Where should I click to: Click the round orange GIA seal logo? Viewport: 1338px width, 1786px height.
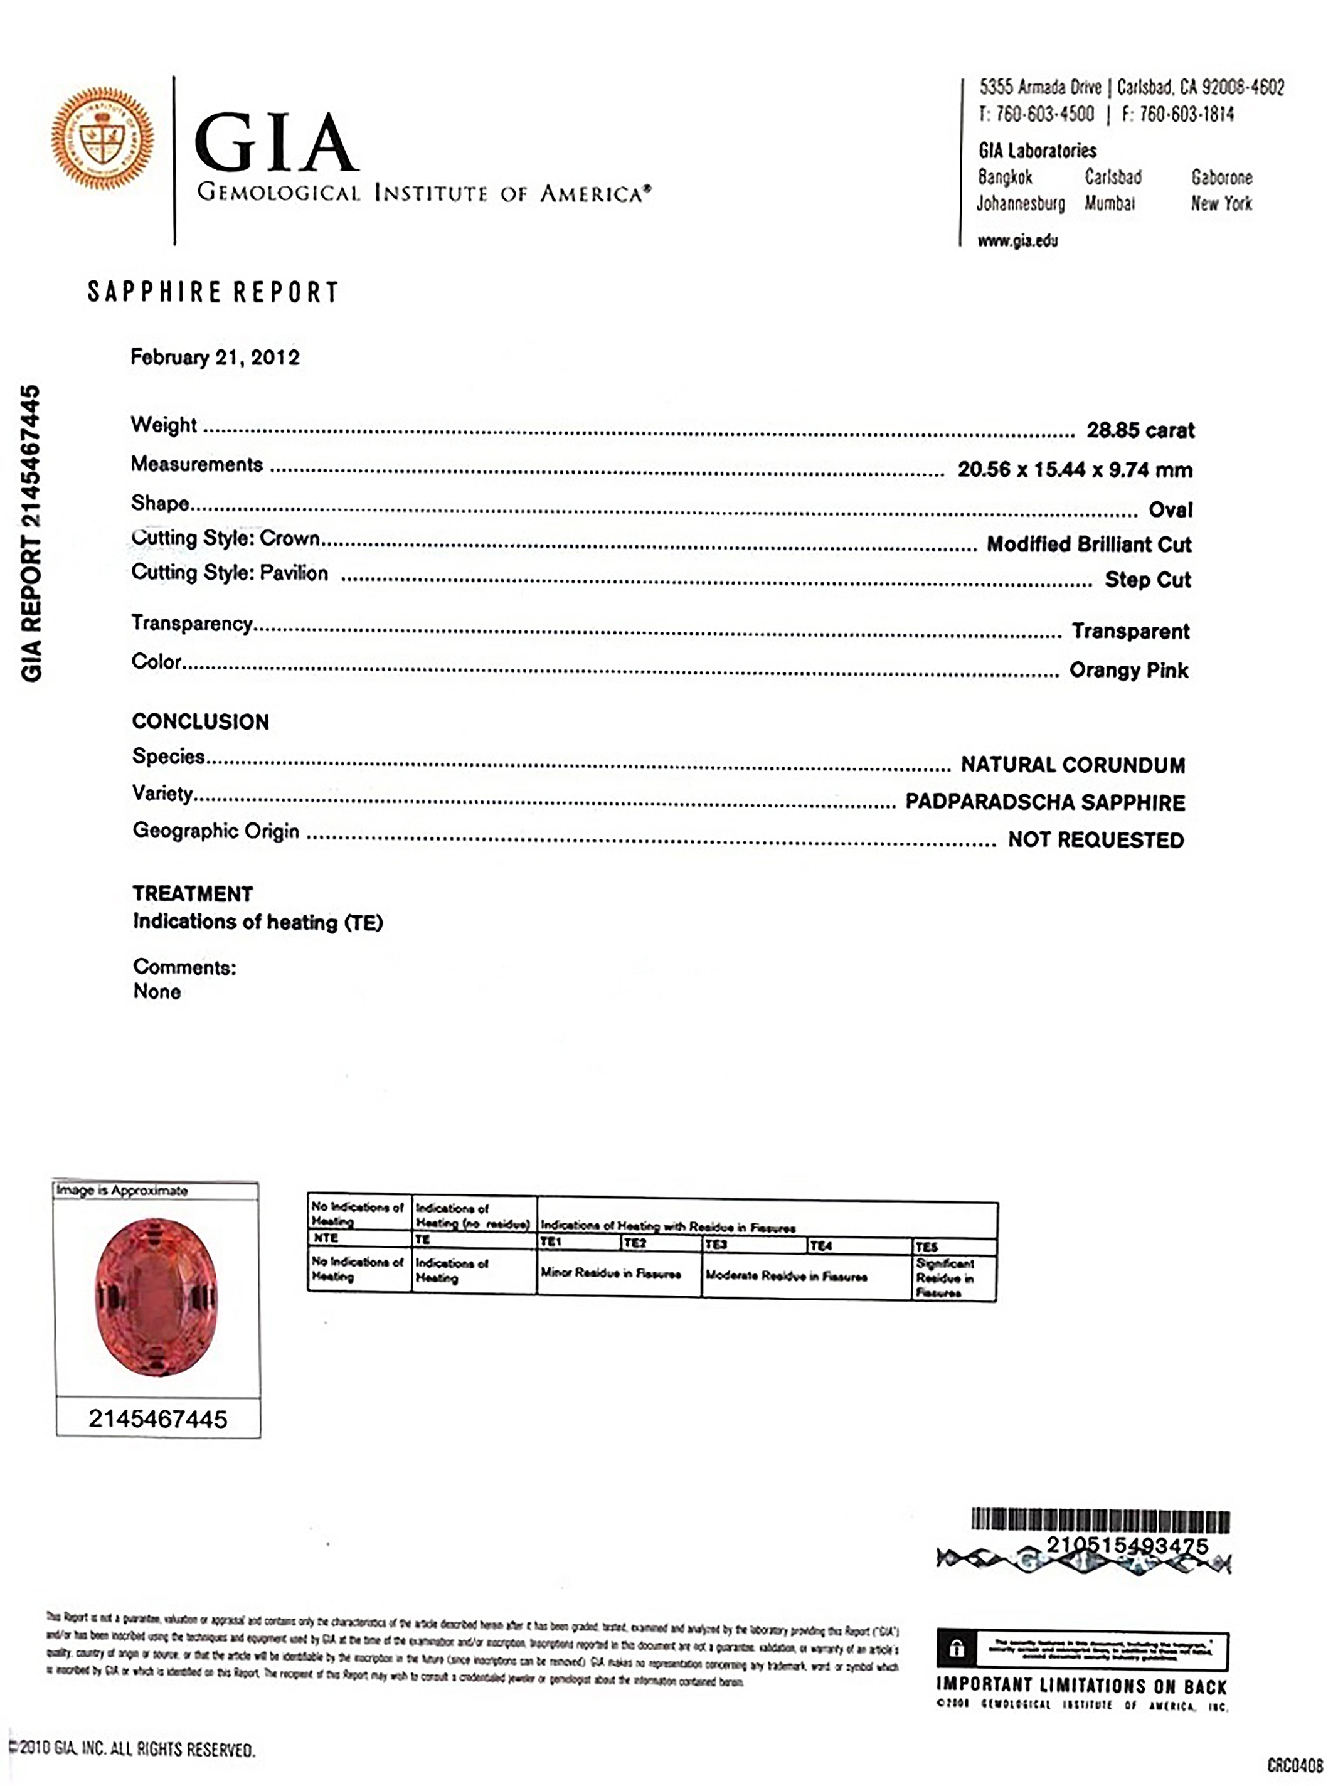tap(102, 138)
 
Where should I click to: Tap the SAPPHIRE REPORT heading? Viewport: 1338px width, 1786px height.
tap(213, 292)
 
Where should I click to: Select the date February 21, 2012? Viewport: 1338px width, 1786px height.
tap(215, 358)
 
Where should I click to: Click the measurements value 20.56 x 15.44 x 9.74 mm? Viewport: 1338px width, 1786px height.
tap(1074, 470)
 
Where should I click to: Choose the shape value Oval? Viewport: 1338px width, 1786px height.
tap(1170, 510)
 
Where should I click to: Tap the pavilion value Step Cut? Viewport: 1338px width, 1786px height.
tap(1147, 580)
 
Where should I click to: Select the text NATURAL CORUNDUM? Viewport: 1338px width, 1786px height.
tap(1072, 765)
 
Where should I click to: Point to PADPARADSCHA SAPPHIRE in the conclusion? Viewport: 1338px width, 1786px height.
tap(1045, 802)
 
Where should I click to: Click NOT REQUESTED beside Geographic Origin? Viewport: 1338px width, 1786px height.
tap(1096, 841)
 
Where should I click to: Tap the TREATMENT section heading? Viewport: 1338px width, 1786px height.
tap(193, 894)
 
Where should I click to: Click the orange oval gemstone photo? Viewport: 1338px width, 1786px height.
tap(157, 1297)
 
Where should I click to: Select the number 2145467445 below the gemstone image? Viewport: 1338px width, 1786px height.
tap(158, 1418)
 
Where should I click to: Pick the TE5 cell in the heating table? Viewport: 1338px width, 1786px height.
tap(927, 1246)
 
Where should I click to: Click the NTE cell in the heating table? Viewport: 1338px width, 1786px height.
tap(326, 1238)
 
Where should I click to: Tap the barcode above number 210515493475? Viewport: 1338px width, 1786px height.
tap(1100, 1521)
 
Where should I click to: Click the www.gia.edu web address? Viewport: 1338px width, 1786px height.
tap(1017, 241)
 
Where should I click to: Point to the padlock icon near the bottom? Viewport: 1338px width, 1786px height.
tap(957, 1649)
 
